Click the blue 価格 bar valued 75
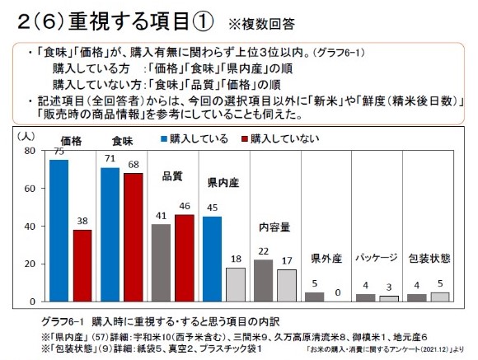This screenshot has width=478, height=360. click(x=59, y=230)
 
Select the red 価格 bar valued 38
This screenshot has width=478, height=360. click(x=82, y=264)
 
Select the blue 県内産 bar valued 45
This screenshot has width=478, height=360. click(x=212, y=258)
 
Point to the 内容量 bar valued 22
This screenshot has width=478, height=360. click(x=263, y=280)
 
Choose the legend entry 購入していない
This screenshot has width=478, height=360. click(x=279, y=138)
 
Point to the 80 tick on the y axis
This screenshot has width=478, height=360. click(x=30, y=151)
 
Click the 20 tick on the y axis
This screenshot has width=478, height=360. click(x=30, y=264)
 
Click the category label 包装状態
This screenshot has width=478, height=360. click(x=429, y=257)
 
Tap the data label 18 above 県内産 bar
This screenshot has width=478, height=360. click(x=236, y=259)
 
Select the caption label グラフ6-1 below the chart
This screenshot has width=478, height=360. click(x=62, y=318)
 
